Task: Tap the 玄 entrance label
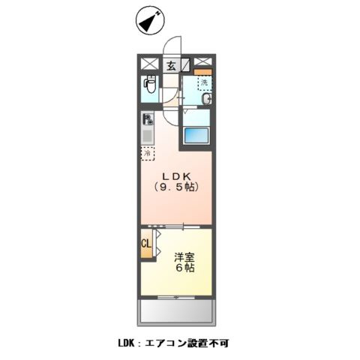tap(170, 66)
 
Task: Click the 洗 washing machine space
tap(203, 83)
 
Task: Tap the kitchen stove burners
tap(148, 118)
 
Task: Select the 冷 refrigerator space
tap(148, 153)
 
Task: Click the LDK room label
tap(175, 175)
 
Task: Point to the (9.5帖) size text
tap(176, 187)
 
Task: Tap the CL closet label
tap(146, 244)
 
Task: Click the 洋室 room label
tap(186, 255)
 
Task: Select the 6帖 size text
tap(186, 268)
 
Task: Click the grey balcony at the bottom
tap(177, 310)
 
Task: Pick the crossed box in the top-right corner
tap(202, 64)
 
